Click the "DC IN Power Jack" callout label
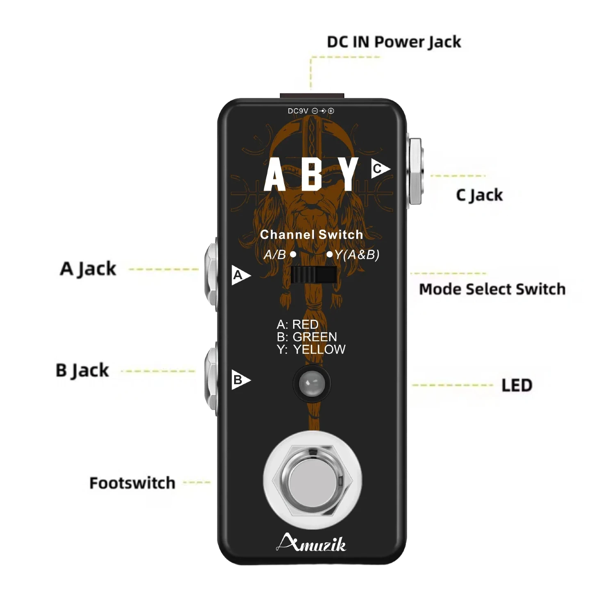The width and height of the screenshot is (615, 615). [394, 42]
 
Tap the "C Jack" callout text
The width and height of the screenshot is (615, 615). [479, 195]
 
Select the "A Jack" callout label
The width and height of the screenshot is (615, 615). [88, 269]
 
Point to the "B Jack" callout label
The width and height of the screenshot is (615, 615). [82, 370]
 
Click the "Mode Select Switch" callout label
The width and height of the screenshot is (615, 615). [492, 289]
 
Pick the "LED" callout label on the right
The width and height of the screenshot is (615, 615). [517, 385]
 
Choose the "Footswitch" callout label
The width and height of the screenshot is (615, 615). [132, 483]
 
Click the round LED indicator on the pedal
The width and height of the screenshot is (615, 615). [312, 384]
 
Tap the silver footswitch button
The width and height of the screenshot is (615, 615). [312, 480]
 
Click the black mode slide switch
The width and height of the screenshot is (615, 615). [314, 275]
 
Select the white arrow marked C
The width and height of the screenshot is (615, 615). [380, 169]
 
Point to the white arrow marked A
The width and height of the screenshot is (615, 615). [241, 275]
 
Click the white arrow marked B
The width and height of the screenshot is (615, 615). [241, 380]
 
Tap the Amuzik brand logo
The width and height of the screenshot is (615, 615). [311, 543]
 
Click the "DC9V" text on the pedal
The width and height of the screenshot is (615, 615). [298, 111]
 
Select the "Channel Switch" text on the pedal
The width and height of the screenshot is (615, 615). [312, 235]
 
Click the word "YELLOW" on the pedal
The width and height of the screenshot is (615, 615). [319, 349]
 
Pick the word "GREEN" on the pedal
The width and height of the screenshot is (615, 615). [315, 337]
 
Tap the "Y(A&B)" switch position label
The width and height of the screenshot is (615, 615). [357, 255]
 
